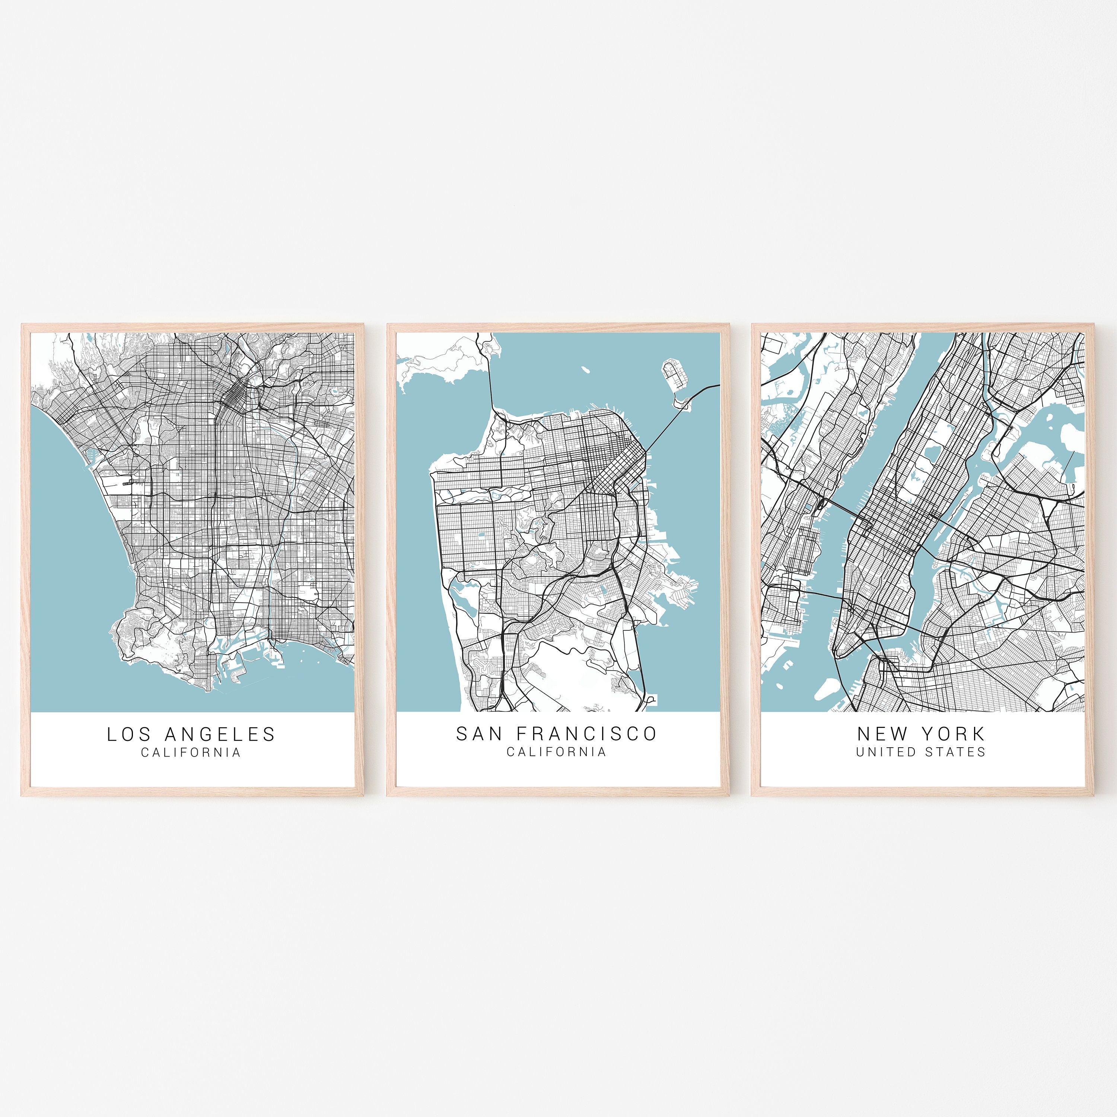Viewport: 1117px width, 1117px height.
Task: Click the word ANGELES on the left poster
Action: click(220, 734)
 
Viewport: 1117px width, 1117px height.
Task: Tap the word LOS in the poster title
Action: click(128, 734)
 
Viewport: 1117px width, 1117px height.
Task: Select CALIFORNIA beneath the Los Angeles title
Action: click(191, 752)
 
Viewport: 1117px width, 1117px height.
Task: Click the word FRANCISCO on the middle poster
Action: click(587, 733)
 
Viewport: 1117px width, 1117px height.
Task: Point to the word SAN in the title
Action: click(479, 733)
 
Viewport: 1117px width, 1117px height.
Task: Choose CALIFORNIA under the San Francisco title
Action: click(556, 752)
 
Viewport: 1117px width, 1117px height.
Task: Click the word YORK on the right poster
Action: click(954, 733)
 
